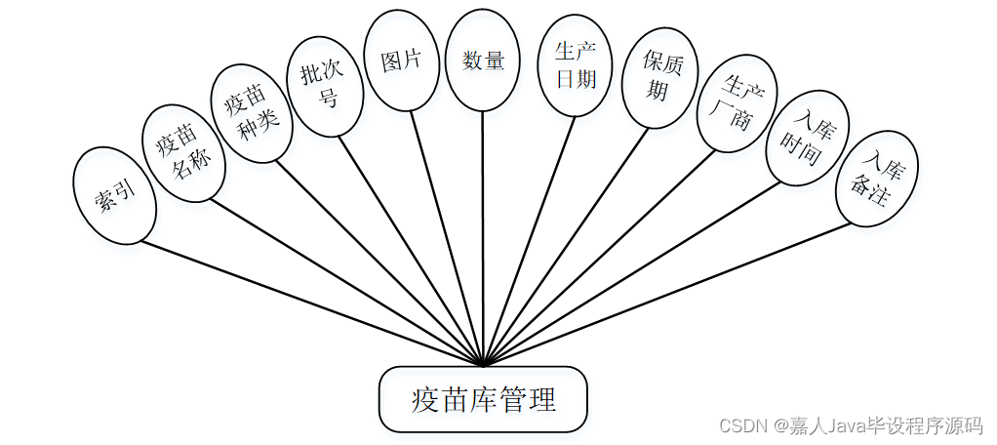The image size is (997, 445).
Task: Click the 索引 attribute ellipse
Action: (114, 195)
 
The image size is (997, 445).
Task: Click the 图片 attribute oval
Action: (400, 60)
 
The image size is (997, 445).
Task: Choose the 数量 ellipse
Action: (483, 60)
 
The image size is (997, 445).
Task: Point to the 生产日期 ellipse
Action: (576, 64)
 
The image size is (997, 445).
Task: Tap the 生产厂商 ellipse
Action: (737, 103)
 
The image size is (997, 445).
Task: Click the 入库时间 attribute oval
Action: (807, 138)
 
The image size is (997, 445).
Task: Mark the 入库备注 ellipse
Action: (873, 181)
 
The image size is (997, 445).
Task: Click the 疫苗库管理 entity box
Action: (483, 399)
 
